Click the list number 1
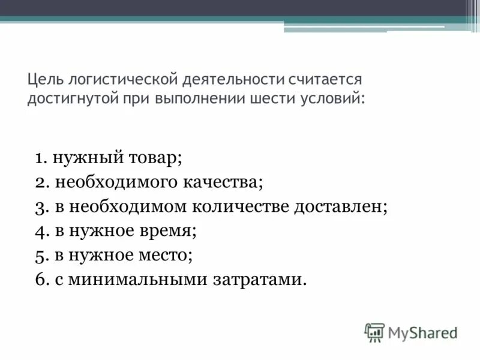click(x=41, y=158)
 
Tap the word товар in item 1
click(x=154, y=158)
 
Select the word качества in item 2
click(x=224, y=182)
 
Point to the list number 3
click(x=41, y=207)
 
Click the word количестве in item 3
click(x=241, y=207)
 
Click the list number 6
click(x=41, y=280)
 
